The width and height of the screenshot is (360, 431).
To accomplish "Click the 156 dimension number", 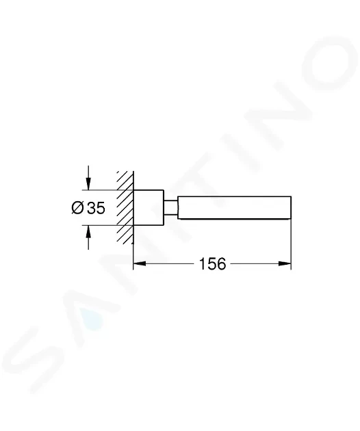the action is [x=212, y=264].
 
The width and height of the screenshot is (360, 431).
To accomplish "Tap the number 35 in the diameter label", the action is [x=96, y=208].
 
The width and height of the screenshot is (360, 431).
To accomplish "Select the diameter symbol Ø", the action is [x=77, y=207].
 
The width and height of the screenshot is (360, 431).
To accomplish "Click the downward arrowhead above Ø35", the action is [x=88, y=183].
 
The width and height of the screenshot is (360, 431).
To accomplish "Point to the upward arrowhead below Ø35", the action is [x=88, y=232].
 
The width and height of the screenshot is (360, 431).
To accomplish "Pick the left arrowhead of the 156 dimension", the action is [x=139, y=263].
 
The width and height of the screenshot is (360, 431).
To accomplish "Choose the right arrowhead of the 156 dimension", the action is [x=285, y=263].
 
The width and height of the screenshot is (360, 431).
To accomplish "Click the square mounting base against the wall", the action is [x=149, y=207].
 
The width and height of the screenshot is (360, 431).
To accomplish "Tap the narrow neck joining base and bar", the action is [x=171, y=207].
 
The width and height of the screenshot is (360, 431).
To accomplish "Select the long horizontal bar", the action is [x=234, y=207].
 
